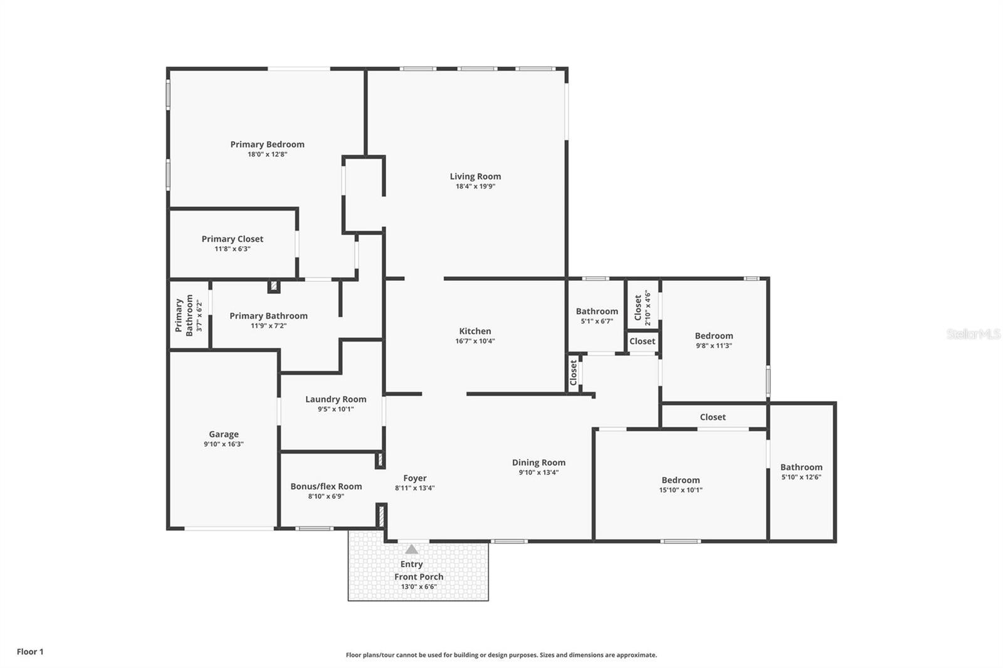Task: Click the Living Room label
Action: click(475, 176)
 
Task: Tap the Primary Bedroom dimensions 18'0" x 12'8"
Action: click(267, 154)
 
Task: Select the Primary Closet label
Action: click(232, 239)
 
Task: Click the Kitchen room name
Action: click(475, 331)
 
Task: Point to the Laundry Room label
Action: click(335, 399)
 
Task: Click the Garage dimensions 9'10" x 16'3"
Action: click(223, 444)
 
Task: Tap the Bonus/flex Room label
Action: click(326, 486)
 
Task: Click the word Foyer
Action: click(415, 478)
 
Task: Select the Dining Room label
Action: click(538, 462)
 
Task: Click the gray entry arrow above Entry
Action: click(411, 550)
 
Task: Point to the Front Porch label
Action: click(419, 577)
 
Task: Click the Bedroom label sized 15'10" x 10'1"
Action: click(680, 480)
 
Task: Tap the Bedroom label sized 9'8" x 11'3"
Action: click(713, 335)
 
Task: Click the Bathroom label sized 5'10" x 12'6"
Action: click(801, 467)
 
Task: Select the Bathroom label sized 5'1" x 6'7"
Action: click(597, 311)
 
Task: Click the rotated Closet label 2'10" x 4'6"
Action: click(638, 308)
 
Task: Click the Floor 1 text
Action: click(30, 652)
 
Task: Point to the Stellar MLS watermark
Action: click(973, 334)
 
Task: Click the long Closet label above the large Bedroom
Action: click(713, 417)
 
